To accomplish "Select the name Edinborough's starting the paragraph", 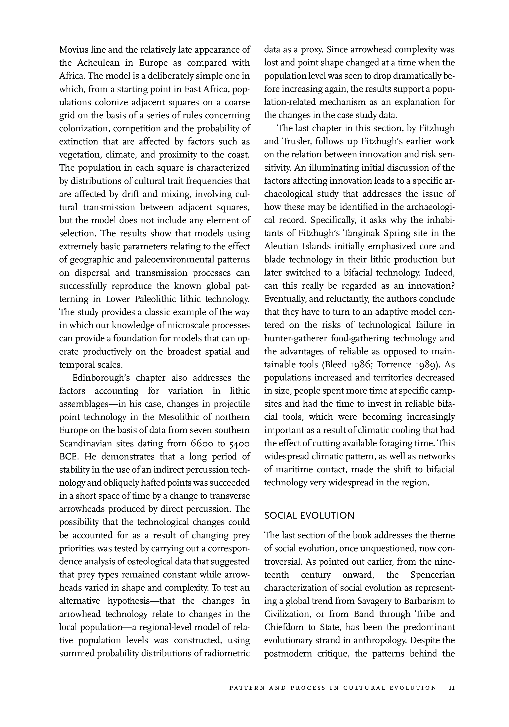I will [x=101, y=378].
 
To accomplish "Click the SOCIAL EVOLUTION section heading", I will [x=309, y=516].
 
